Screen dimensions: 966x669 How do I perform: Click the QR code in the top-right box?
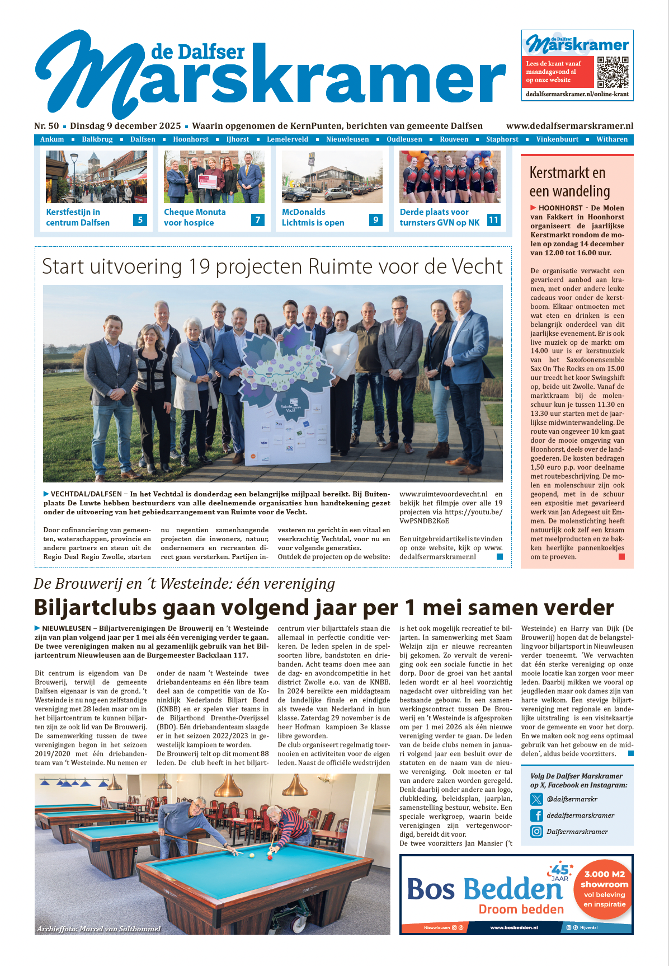coord(613,72)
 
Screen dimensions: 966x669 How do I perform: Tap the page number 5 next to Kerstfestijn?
coord(140,220)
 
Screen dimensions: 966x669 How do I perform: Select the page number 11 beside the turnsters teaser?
coord(493,220)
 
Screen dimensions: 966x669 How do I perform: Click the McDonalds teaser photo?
coord(332,177)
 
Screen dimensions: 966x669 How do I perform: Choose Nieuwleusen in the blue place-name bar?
coord(347,139)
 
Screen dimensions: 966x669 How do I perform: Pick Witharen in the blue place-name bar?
coord(612,139)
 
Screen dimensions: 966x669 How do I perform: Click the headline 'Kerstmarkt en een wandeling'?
coord(569,182)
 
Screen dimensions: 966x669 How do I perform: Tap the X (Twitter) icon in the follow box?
coord(536,799)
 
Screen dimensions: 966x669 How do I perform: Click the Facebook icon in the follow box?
coord(536,815)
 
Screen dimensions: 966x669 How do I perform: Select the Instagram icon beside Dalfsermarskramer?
coord(536,832)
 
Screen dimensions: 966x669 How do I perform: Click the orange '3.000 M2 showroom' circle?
coord(604,889)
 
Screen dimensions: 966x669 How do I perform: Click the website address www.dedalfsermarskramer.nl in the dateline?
coord(569,126)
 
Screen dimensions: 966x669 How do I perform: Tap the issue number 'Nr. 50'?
coord(46,126)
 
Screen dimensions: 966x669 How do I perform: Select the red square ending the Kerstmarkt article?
coord(621,556)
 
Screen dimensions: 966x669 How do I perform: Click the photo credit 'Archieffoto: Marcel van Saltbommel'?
coord(98,929)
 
